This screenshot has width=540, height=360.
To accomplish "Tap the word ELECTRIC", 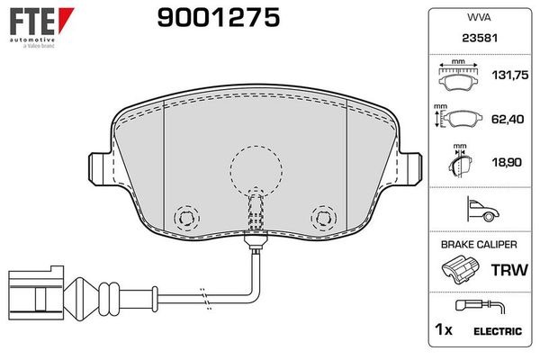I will tap(497, 331).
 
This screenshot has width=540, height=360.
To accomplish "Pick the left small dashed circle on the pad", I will tap(187, 217).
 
